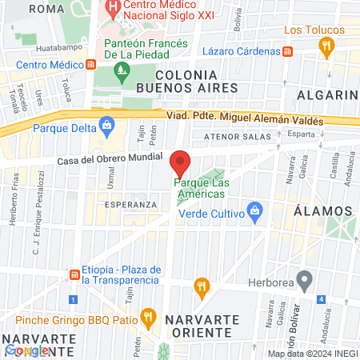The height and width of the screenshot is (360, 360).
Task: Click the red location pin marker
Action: pyautogui.click(x=180, y=163)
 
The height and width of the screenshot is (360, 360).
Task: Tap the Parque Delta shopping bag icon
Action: pyautogui.click(x=106, y=125)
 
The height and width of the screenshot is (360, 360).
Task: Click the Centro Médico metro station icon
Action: pyautogui.click(x=91, y=64)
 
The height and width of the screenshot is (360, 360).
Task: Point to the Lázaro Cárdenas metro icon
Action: pyautogui.click(x=288, y=50)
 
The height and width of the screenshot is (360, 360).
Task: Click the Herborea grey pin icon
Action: pyautogui.click(x=303, y=281)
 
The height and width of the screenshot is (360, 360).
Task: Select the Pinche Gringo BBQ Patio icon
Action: pyautogui.click(x=147, y=317)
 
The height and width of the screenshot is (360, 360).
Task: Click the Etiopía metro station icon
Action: pyautogui.click(x=74, y=274)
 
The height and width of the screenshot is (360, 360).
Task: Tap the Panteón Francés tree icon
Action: pyautogui.click(x=122, y=72)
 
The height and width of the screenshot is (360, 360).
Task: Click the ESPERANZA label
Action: pyautogui.click(x=131, y=204)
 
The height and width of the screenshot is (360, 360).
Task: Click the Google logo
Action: pyautogui.click(x=27, y=350)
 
